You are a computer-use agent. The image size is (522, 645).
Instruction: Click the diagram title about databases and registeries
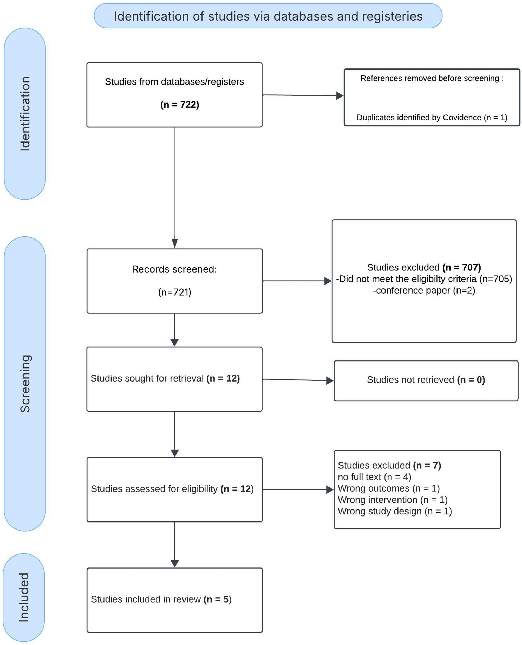pos(268,16)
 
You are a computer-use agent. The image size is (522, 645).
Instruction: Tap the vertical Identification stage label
pos(25,114)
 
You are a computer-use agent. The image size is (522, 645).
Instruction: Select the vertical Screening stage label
pos(25,384)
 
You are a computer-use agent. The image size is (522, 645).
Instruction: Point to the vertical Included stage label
pos(24,597)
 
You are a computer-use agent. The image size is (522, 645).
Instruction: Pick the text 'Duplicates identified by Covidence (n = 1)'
pos(432,117)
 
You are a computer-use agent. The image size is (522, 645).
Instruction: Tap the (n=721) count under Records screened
pos(175,292)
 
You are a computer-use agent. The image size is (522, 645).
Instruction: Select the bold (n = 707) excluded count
pos(462,267)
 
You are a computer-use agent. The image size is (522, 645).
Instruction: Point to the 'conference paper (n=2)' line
pos(424,290)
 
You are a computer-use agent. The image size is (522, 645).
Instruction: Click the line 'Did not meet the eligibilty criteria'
pos(406,279)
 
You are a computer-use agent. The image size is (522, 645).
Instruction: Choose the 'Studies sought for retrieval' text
pos(147,378)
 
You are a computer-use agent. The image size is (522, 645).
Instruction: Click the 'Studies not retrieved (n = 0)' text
pos(426,380)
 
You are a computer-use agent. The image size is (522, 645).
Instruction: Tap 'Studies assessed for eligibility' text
pos(154,489)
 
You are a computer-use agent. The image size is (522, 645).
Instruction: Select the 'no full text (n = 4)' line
pos(374,477)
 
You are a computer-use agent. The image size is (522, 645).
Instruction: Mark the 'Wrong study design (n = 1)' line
pos(395,511)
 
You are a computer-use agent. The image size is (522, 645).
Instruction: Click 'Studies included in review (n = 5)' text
pos(161,599)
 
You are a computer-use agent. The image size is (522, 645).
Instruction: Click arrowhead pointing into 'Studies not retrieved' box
pos(330,381)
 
